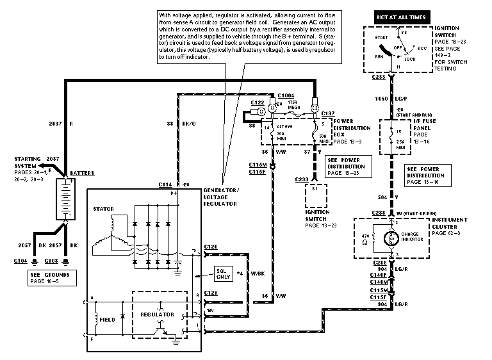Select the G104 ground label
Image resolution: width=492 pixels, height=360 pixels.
20,261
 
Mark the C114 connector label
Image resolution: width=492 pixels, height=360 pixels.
165,184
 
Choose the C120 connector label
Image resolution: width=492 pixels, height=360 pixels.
212,245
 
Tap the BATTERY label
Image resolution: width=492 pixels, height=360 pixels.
83,174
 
